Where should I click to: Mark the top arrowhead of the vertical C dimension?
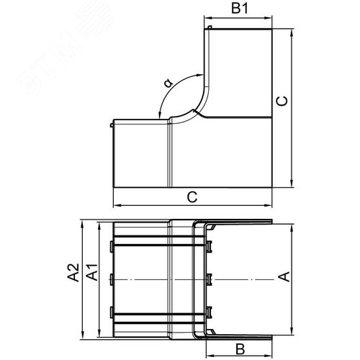tap(292, 33)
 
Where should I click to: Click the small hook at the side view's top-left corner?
tap(208, 28)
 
